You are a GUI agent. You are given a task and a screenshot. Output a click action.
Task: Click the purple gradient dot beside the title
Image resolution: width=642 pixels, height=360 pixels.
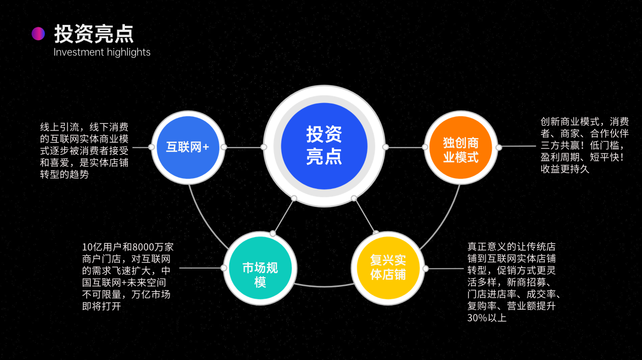[x=38, y=34]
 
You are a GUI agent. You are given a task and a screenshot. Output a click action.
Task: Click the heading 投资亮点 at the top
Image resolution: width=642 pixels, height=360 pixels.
[x=94, y=34]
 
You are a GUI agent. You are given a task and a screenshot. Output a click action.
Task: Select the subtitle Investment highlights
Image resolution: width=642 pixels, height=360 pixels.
[x=102, y=52]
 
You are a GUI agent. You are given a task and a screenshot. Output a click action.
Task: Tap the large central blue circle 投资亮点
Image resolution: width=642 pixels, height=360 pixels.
[x=324, y=146]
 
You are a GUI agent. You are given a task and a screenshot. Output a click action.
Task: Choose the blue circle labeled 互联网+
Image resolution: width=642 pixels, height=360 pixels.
[x=188, y=147]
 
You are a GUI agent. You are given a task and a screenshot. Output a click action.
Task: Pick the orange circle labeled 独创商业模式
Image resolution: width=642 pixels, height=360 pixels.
[x=461, y=147]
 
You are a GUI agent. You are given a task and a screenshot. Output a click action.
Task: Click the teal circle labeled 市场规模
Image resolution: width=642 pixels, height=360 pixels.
[x=260, y=268]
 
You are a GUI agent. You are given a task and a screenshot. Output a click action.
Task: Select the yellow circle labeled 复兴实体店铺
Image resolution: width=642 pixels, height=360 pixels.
[x=388, y=268]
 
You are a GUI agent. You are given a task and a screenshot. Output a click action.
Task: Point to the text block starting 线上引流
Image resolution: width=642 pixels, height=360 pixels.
[x=84, y=151]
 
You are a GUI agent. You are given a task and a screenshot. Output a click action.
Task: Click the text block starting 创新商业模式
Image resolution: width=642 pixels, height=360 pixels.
[x=585, y=145]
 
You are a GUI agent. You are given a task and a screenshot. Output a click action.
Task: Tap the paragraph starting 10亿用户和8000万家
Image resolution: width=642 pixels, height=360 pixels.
[x=128, y=277]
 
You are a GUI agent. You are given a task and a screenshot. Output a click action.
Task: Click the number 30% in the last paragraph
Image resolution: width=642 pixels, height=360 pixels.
[x=477, y=318]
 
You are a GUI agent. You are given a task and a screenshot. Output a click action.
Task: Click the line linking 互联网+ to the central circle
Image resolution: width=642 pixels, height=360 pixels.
[x=244, y=147]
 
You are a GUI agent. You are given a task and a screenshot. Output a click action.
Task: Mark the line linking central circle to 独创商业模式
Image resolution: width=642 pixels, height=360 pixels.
[x=406, y=147]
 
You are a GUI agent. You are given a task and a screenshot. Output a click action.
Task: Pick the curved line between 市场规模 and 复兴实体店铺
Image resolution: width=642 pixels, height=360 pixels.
[x=324, y=286]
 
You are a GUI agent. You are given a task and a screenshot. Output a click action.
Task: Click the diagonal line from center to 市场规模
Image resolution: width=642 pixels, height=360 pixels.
[x=284, y=216]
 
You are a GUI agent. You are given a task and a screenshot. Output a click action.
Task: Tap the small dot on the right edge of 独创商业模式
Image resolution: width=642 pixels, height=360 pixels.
[x=499, y=147]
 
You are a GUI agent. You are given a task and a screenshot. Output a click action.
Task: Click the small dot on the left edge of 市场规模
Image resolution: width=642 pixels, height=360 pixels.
[x=224, y=268]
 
